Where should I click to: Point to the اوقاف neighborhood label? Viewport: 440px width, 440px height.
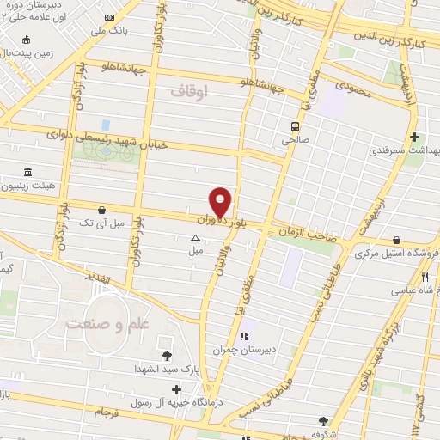coord(189,89)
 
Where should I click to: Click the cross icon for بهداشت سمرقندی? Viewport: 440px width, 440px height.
coord(414,136)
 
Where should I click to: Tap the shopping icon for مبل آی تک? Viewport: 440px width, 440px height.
coord(103,209)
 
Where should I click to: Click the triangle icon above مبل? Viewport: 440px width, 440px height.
coord(195,237)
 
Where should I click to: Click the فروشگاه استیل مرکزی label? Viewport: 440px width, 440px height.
coord(397,253)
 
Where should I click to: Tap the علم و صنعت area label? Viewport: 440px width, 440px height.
coord(99,324)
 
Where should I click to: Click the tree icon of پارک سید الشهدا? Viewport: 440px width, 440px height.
coord(166,354)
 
